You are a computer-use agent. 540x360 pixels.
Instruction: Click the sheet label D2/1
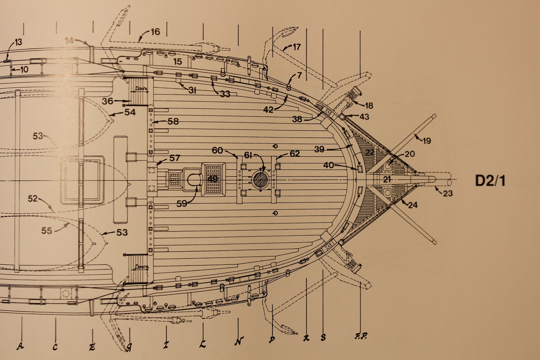490,180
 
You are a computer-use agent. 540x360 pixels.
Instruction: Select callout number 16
155,32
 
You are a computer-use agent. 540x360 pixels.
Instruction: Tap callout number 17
296,47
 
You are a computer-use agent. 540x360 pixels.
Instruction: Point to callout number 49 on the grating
213,179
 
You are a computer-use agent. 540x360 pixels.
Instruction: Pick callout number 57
175,158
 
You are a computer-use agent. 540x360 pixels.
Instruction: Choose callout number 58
173,121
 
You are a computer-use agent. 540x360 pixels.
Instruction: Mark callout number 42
268,110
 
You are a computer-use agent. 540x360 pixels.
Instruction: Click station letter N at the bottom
239,341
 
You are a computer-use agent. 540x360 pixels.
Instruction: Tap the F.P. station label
360,336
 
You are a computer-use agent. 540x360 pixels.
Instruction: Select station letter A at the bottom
20,346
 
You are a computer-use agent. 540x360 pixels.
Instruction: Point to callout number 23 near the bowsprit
448,193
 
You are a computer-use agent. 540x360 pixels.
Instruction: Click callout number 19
427,141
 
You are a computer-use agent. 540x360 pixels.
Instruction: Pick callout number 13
18,42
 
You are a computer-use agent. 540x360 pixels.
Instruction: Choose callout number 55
47,230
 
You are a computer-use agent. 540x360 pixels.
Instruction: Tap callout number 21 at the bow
387,179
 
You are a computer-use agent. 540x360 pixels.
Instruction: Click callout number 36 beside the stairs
107,101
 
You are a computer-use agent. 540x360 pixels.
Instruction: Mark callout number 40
328,165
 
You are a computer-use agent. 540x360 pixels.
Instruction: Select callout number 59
182,203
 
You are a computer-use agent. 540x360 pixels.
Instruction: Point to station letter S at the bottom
323,338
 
